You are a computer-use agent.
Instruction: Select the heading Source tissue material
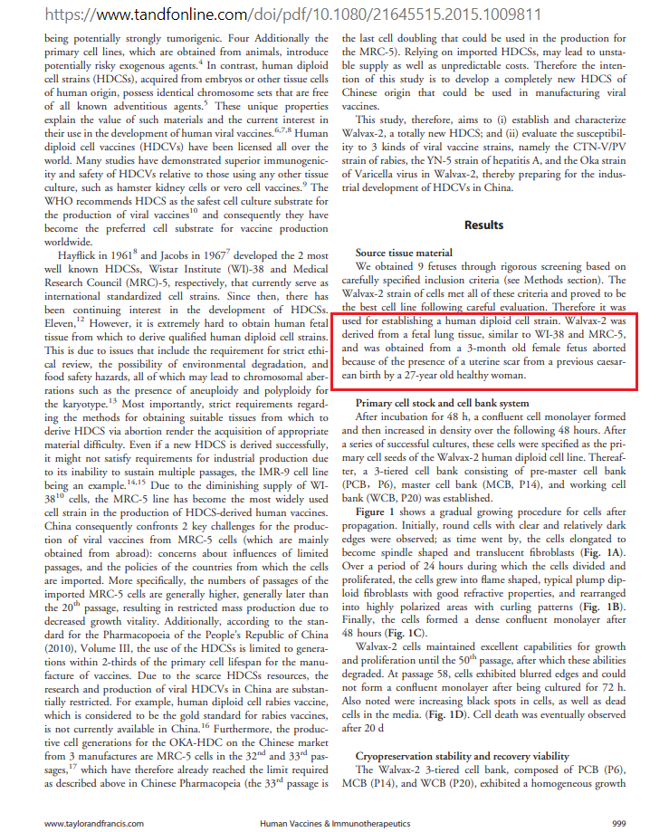click(405, 253)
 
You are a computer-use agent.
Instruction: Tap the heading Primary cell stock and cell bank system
click(454, 402)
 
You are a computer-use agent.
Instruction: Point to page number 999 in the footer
click(619, 823)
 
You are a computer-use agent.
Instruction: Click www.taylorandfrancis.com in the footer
click(94, 823)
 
